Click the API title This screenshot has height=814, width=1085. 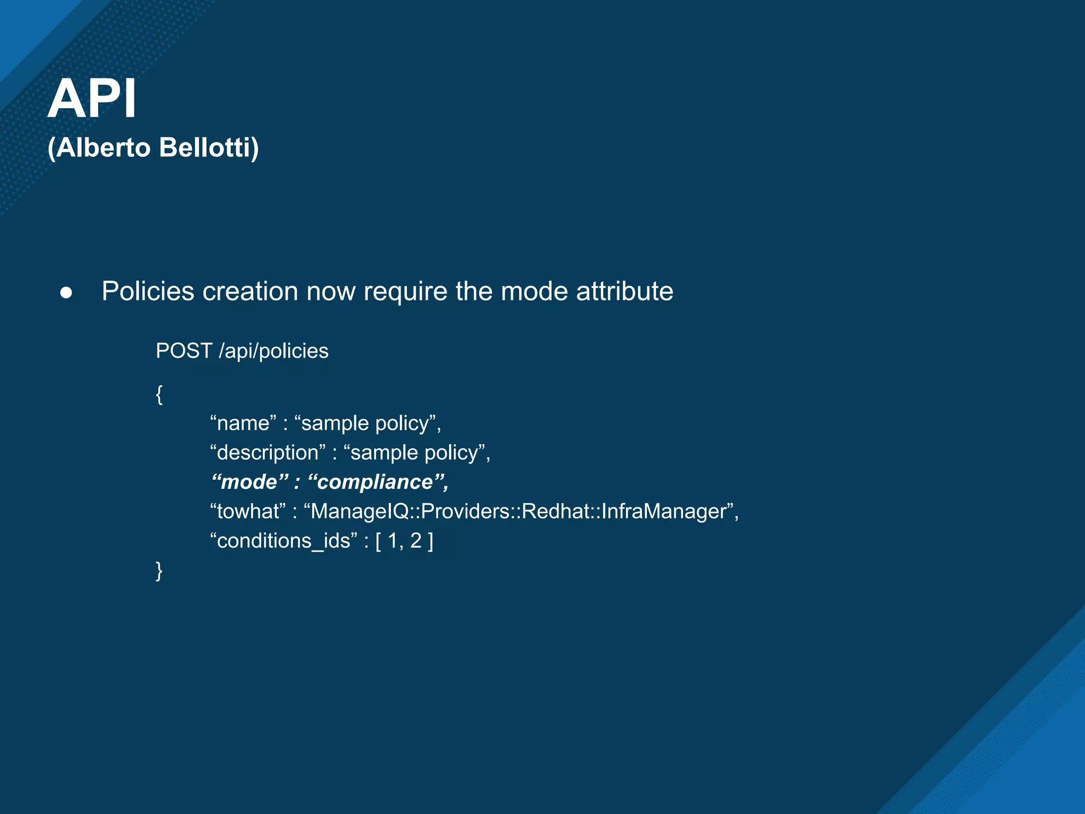92,99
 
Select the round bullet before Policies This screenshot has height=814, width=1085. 66,293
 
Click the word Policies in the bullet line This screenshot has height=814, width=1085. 148,291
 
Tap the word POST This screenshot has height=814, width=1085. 184,351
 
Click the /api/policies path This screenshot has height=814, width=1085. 273,351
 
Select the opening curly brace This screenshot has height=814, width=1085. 159,394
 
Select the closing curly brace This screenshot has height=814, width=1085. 159,571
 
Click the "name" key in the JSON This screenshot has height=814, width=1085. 243,423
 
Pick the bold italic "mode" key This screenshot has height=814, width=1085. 250,482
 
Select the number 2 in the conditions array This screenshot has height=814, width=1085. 416,541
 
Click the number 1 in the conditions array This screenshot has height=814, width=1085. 393,541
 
